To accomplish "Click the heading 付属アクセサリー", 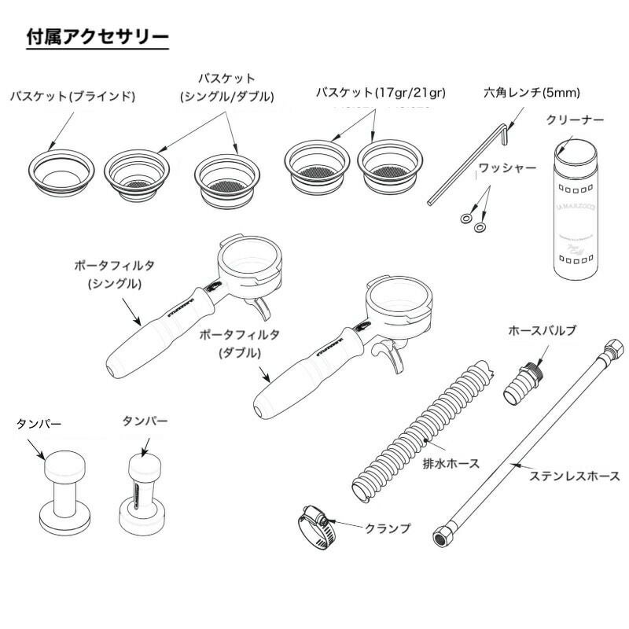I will tap(97, 37).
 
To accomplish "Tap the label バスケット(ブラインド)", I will tap(72, 96).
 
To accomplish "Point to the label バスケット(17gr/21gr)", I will tap(381, 93).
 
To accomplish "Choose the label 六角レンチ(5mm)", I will tap(532, 93).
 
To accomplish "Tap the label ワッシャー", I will tap(507, 168).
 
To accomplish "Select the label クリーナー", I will tap(575, 120).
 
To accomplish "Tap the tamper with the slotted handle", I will tap(143, 491).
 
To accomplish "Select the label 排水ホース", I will tap(451, 463).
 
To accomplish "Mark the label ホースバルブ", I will tap(548, 330).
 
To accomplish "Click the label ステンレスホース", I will tap(575, 476).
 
